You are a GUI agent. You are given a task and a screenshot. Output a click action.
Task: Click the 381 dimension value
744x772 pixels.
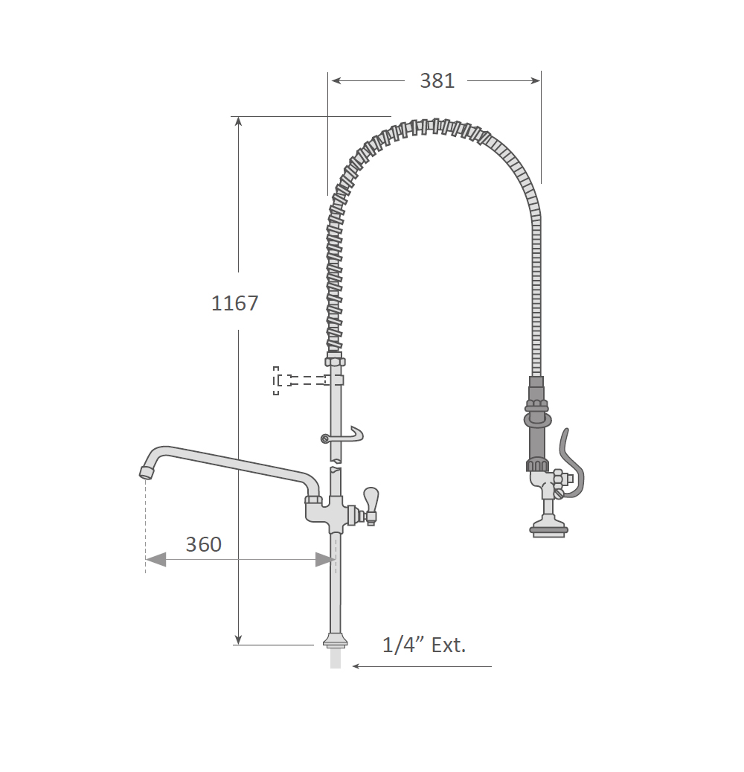coord(437,80)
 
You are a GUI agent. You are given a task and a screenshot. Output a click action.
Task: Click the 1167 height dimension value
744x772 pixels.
coord(234,303)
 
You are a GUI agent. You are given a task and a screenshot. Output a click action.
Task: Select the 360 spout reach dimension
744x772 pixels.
coord(203,544)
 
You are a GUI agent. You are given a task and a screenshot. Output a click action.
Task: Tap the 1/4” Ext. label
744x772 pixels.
coord(424,645)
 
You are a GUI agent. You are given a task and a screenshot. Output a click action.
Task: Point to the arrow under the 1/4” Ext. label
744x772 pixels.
coord(422,666)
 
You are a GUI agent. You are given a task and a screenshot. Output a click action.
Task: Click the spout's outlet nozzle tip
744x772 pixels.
coord(145,472)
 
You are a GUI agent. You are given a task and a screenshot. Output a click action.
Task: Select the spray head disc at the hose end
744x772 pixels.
coord(549,530)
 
